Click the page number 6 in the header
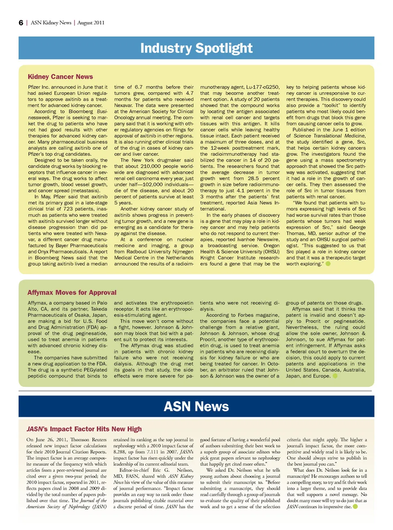[21, 23]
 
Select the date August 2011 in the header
[91, 23]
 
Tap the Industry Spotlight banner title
[196, 48]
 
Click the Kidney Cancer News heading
[60, 77]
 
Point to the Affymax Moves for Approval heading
[72, 292]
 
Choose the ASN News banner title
[196, 406]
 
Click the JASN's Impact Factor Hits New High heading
[84, 429]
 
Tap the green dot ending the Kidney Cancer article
[328, 264]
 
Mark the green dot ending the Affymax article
[335, 376]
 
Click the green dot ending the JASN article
[355, 507]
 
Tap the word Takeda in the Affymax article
[99, 309]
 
